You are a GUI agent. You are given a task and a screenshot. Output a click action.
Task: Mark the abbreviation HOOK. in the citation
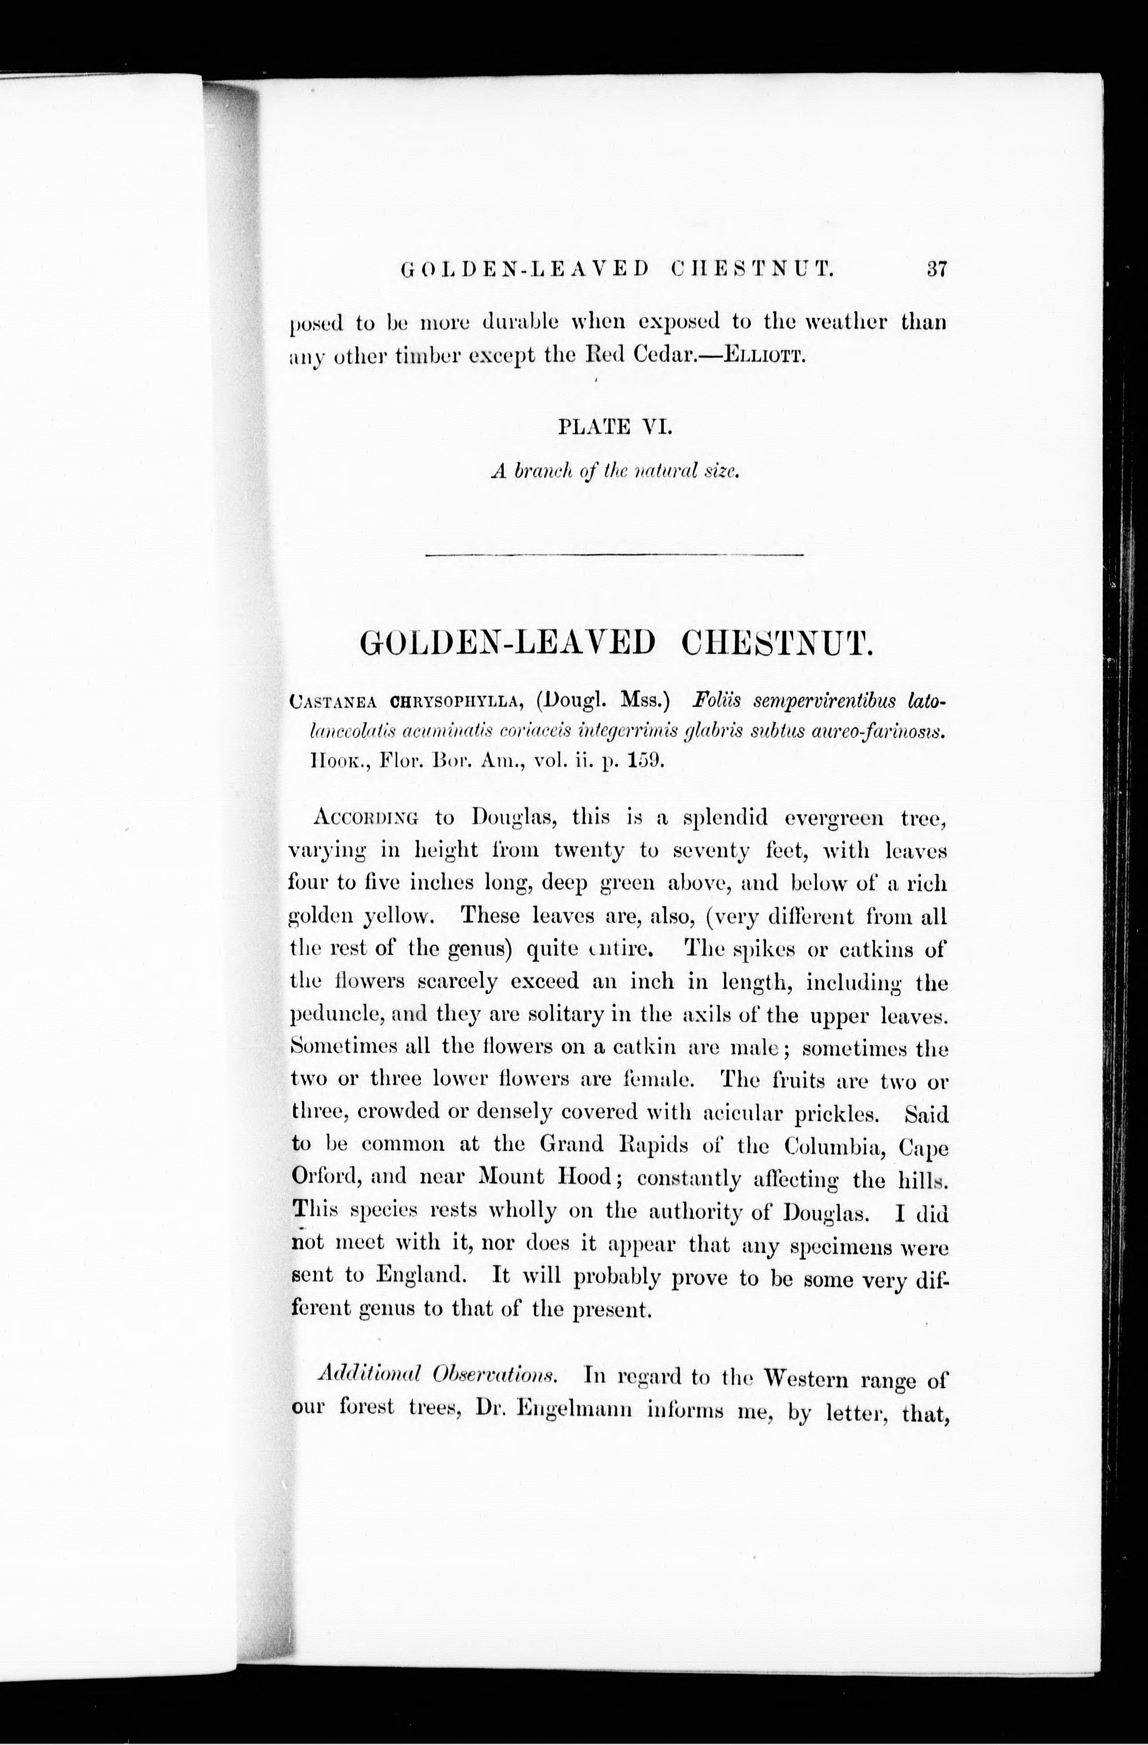(x=334, y=761)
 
